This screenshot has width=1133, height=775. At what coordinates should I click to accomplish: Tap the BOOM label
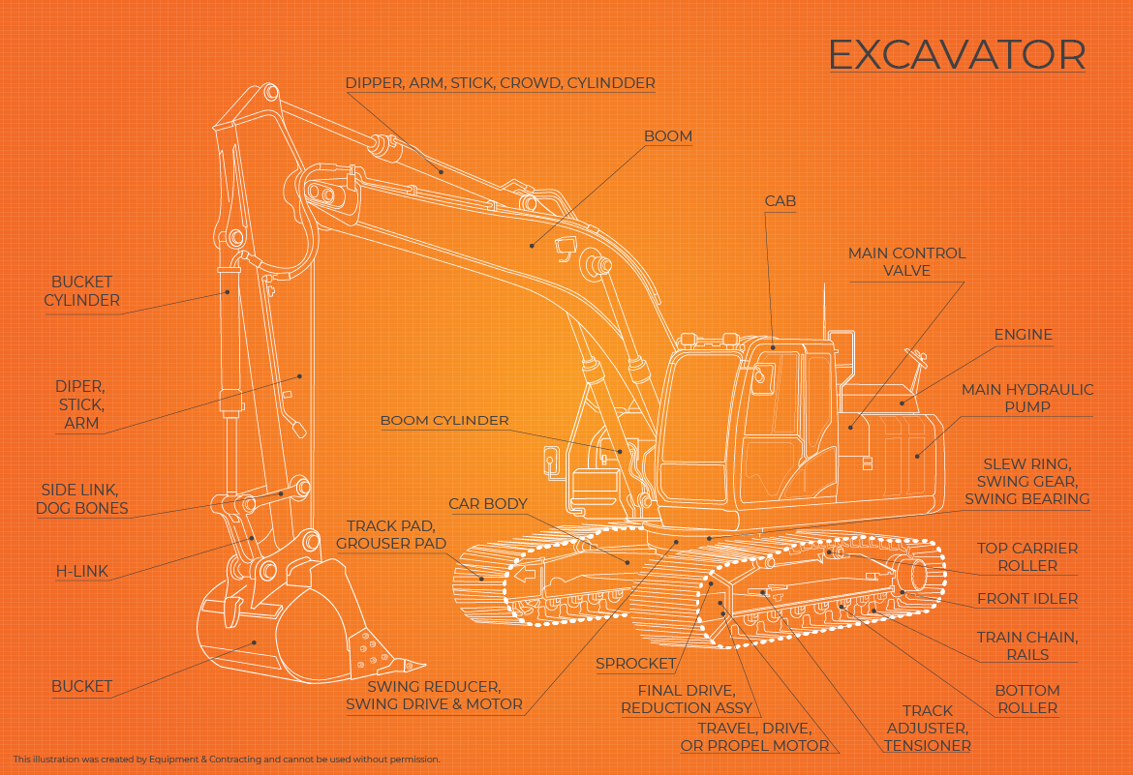668,136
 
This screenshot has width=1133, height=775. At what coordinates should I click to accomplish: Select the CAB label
781,201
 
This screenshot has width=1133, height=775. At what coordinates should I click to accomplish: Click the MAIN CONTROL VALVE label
906,262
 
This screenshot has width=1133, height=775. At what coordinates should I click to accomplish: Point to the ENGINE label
1023,335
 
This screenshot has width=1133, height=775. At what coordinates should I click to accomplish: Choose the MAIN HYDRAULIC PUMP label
1027,398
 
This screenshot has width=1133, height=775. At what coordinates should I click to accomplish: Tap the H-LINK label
81,572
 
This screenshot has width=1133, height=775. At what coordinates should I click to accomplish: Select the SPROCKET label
635,664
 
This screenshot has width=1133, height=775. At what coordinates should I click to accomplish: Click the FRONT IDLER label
1026,599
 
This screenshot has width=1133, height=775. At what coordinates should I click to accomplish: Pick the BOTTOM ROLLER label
1027,699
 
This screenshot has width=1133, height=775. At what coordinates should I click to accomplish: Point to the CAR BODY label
488,504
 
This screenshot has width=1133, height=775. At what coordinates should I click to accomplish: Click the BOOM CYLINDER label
444,421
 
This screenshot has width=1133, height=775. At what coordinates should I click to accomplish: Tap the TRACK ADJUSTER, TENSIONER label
927,729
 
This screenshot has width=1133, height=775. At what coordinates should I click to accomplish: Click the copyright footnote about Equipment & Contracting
227,760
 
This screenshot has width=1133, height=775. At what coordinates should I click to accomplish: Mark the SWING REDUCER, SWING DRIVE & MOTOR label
434,695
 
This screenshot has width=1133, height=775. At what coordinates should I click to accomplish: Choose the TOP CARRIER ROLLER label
1026,556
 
